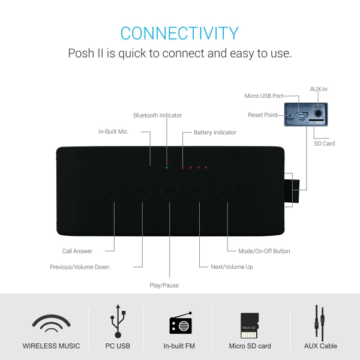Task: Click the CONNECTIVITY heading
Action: pyautogui.click(x=179, y=33)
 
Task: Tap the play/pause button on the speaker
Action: pyautogui.click(x=170, y=191)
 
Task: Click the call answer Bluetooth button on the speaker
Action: pyautogui.click(x=115, y=191)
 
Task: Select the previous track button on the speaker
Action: pyautogui.click(x=142, y=191)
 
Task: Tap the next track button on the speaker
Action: pyautogui.click(x=198, y=191)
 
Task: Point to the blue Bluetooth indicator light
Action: pyautogui.click(x=167, y=167)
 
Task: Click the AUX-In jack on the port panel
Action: pyautogui.click(x=318, y=113)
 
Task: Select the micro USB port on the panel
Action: pyautogui.click(x=301, y=115)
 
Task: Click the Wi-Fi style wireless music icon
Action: pyautogui.click(x=51, y=323)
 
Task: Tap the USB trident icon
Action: pyautogui.click(x=118, y=321)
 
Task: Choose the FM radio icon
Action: pyautogui.click(x=181, y=323)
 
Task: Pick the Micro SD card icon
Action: pyautogui.click(x=250, y=325)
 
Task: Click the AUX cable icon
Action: pyautogui.click(x=320, y=323)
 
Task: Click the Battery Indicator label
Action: pyautogui.click(x=215, y=133)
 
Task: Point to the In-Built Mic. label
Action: pyautogui.click(x=113, y=131)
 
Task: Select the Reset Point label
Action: pyautogui.click(x=263, y=115)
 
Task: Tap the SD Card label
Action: pyautogui.click(x=325, y=143)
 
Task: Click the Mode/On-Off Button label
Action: pyautogui.click(x=264, y=251)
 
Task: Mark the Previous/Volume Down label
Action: pyautogui.click(x=80, y=267)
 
